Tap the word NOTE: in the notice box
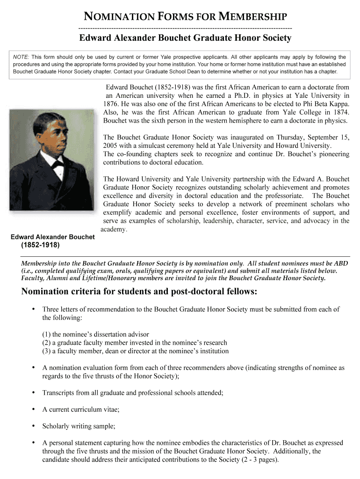click(x=21, y=57)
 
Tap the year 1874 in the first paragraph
click(x=339, y=112)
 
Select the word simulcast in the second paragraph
click(x=154, y=145)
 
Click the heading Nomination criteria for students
click(x=139, y=292)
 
